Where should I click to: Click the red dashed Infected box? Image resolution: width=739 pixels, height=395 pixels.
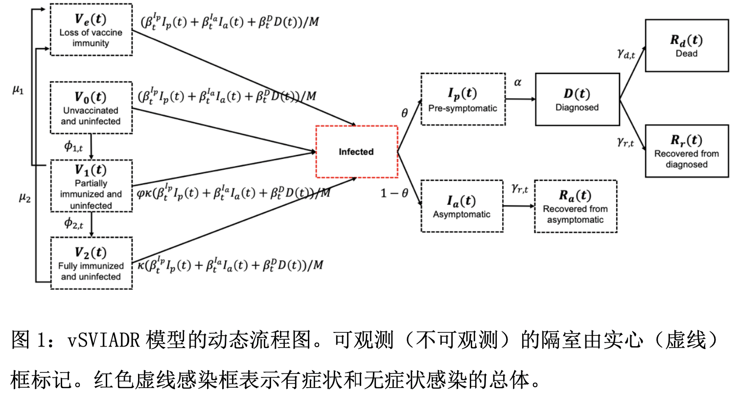[357, 152]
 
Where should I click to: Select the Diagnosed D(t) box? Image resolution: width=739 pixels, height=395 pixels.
[577, 99]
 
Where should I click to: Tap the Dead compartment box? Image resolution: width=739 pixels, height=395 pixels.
[687, 45]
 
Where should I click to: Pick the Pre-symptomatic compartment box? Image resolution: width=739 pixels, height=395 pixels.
[463, 99]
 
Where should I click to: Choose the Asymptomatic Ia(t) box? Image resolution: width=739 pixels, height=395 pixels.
[462, 206]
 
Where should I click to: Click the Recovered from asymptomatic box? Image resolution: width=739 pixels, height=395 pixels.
[576, 206]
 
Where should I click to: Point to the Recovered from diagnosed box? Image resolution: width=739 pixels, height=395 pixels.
[687, 151]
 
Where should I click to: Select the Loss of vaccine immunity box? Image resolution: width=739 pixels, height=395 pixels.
[92, 29]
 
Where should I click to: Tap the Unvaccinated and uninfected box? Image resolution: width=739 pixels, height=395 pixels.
[92, 108]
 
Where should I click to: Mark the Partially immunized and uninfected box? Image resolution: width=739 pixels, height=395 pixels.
[92, 186]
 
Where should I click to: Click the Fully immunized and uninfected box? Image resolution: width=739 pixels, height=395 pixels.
[92, 263]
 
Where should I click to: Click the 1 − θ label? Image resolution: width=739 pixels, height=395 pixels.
[394, 193]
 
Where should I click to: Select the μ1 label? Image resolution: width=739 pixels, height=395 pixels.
[18, 89]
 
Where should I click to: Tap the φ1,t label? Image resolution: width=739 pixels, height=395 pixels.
[73, 146]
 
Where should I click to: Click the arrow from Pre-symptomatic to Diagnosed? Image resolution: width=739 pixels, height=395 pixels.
[520, 99]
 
